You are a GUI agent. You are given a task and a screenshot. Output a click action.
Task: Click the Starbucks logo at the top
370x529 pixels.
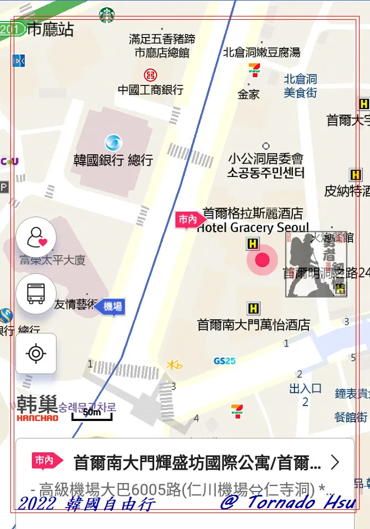(107, 15)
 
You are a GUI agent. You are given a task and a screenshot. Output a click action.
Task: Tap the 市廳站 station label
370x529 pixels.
(50, 29)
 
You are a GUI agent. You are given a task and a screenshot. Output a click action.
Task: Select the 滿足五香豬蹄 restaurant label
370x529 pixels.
(162, 39)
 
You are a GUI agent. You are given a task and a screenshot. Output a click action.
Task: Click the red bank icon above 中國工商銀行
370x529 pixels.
(150, 74)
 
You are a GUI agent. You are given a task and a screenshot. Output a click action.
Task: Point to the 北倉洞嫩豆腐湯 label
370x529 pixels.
(262, 52)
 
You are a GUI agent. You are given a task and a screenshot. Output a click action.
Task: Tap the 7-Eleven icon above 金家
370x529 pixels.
(254, 69)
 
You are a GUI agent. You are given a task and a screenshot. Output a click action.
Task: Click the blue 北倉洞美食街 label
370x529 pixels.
(301, 86)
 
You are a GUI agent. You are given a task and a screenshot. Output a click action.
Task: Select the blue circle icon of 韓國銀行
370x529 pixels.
(113, 143)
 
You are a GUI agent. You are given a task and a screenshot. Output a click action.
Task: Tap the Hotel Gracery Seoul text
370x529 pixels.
(253, 228)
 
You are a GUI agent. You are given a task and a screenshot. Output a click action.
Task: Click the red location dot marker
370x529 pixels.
(262, 260)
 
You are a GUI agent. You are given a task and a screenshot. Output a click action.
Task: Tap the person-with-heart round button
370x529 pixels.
(36, 237)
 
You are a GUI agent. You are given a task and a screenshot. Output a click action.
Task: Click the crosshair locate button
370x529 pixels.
(36, 353)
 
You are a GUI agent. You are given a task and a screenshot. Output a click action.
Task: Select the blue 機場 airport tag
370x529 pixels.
(111, 306)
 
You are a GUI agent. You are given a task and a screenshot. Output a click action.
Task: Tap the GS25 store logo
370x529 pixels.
(225, 361)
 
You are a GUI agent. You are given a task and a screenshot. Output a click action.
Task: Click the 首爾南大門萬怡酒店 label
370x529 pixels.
(253, 325)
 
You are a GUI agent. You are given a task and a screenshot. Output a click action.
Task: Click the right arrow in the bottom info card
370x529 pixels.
(334, 462)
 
